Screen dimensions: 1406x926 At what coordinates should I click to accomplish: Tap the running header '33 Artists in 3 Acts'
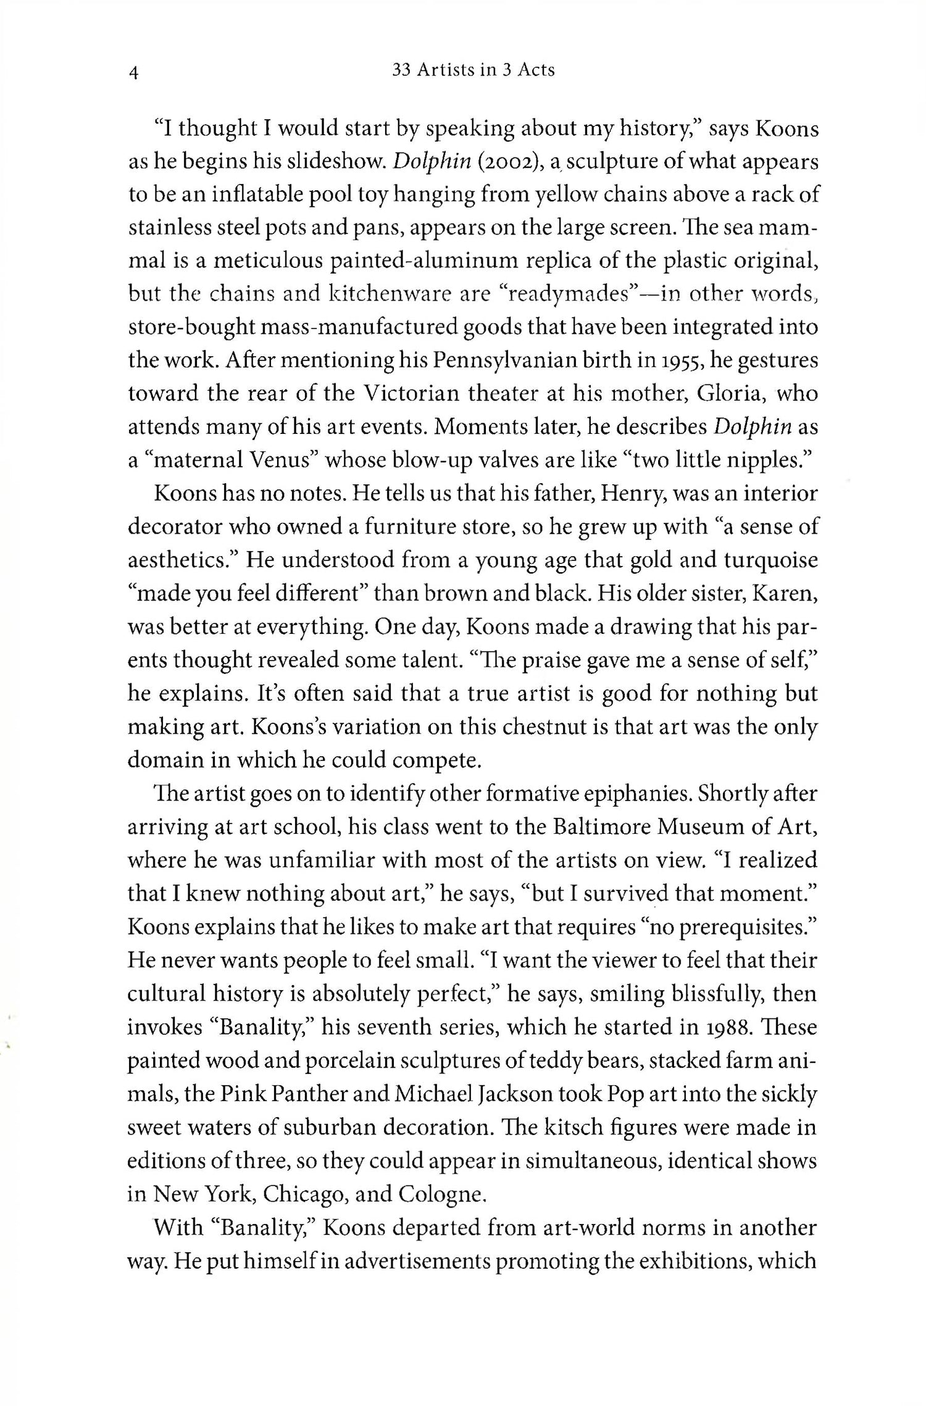coord(473,70)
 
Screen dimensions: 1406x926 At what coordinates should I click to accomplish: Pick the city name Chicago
coord(304,1194)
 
